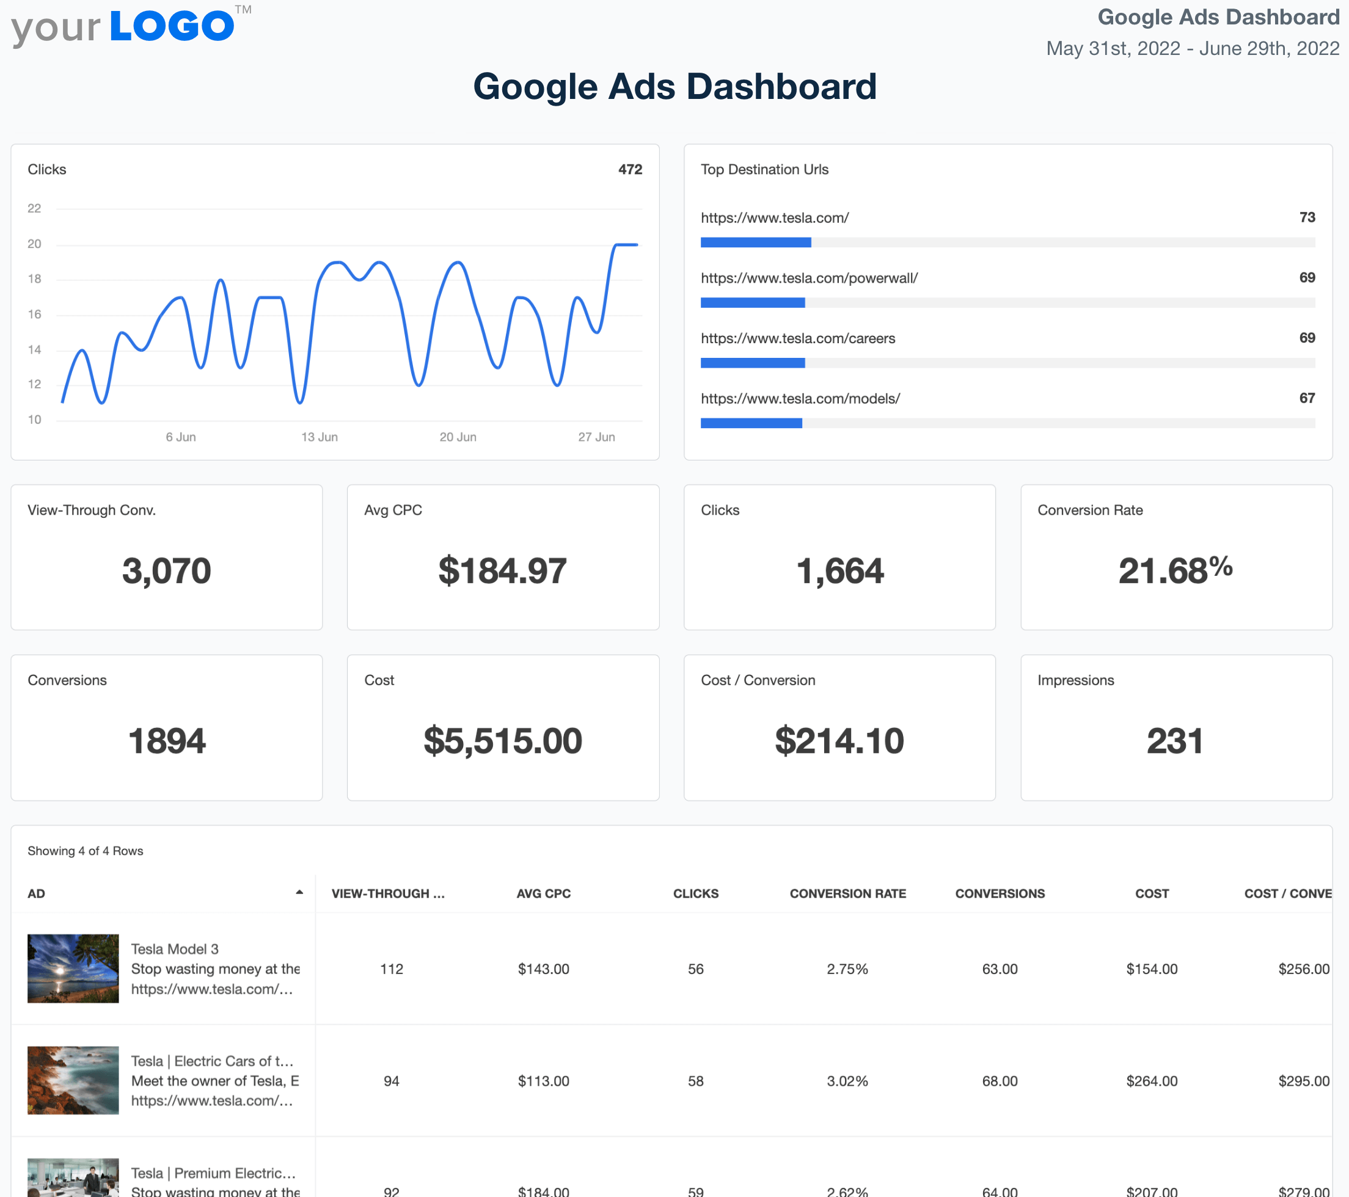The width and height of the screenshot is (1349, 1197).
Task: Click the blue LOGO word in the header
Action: (x=172, y=26)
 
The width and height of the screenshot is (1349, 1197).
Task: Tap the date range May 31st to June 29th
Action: (x=1192, y=48)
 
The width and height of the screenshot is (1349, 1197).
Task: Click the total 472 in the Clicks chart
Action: (x=630, y=170)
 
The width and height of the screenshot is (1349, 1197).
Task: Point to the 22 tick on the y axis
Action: (x=34, y=208)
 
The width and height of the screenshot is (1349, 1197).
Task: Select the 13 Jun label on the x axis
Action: (x=320, y=437)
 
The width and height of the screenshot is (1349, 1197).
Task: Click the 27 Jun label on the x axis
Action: (x=596, y=437)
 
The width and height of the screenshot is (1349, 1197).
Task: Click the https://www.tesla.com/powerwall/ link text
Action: (x=809, y=278)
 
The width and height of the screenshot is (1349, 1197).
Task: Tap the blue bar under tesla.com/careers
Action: (x=752, y=363)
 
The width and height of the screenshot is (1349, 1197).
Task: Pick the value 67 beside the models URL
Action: (x=1307, y=398)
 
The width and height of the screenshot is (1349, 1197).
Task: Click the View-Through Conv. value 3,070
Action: (x=166, y=571)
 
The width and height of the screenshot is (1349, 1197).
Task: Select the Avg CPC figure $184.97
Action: (x=502, y=571)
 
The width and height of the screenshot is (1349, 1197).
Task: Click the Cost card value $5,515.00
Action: (x=502, y=740)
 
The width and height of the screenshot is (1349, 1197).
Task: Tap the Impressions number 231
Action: (x=1175, y=740)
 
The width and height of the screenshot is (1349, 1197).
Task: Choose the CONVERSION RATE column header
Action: (x=847, y=893)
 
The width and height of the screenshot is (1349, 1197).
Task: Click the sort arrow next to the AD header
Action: (x=299, y=893)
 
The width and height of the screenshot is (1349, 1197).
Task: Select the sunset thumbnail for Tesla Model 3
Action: (x=73, y=968)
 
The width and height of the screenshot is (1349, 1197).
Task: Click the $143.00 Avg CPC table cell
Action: (x=543, y=969)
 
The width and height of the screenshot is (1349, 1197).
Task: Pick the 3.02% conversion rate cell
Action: (x=847, y=1081)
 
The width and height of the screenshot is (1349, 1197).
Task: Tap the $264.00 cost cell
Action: (x=1152, y=1081)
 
